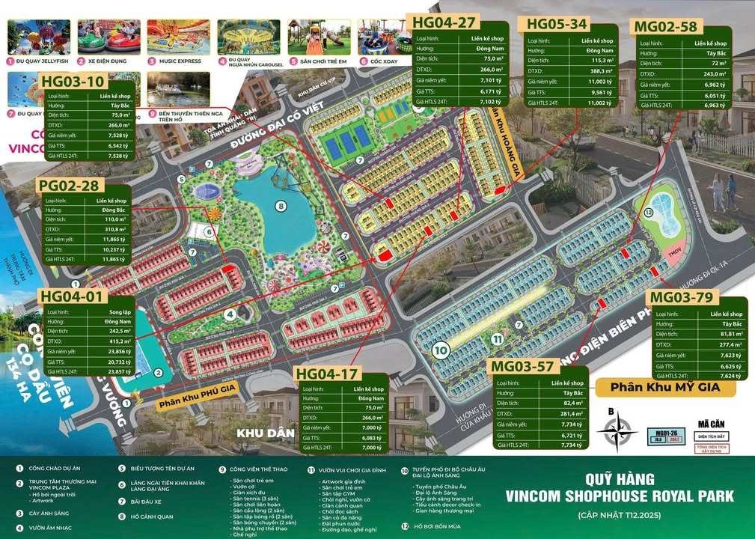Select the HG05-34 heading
click(557, 23)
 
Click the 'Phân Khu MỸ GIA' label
click(664, 387)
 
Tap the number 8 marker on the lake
click(281, 206)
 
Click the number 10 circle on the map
click(441, 349)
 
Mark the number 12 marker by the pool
click(649, 212)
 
